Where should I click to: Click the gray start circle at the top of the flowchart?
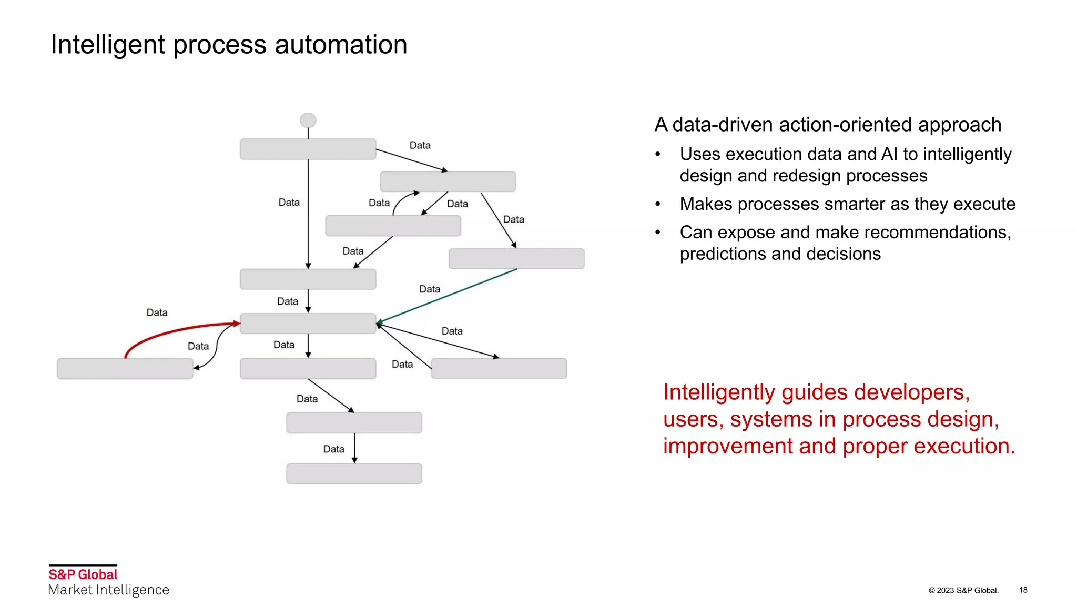coord(308,120)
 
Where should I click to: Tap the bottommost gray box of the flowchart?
coord(354,473)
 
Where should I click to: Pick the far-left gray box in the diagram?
coord(125,368)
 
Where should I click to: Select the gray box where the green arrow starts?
coord(516,258)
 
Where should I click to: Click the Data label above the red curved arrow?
coord(157,312)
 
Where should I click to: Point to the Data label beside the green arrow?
coord(429,289)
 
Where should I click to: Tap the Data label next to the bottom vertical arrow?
coord(333,449)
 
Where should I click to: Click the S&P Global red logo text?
coord(83,574)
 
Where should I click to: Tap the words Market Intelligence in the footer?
coord(108,590)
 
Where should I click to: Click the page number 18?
coord(1023,590)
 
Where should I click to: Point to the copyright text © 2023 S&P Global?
coord(963,590)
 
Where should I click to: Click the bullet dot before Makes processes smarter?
coord(657,204)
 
